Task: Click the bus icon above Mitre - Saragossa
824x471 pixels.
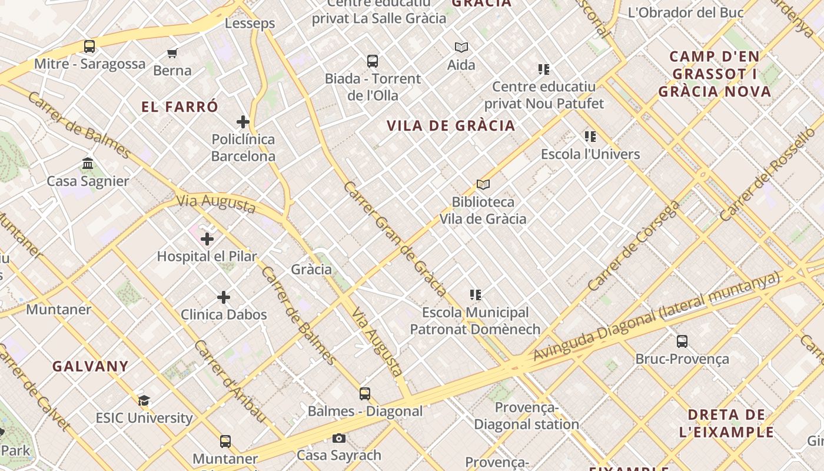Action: point(89,47)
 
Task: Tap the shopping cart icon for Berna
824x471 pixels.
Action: point(172,54)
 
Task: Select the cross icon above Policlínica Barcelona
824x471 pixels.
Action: point(243,122)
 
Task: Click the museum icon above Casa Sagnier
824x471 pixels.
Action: point(88,163)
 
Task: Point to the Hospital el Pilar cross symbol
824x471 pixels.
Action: point(207,239)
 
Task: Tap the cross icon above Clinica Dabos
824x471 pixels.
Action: point(224,297)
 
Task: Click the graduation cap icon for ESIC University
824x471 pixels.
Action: point(144,401)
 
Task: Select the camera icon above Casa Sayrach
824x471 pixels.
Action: point(339,438)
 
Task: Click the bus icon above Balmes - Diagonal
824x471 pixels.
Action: point(365,394)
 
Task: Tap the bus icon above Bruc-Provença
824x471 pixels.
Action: point(682,341)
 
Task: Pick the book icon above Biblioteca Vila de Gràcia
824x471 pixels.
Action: point(483,185)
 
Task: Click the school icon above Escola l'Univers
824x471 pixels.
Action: point(590,137)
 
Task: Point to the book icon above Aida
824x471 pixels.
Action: point(461,47)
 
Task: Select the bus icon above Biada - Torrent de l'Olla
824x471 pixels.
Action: point(373,61)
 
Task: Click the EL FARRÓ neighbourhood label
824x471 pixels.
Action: point(180,107)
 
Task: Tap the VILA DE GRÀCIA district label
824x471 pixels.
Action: point(451,125)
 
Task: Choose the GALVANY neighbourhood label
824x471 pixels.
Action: point(90,366)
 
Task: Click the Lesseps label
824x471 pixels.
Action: point(250,24)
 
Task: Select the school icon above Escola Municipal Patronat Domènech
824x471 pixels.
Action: point(476,295)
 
